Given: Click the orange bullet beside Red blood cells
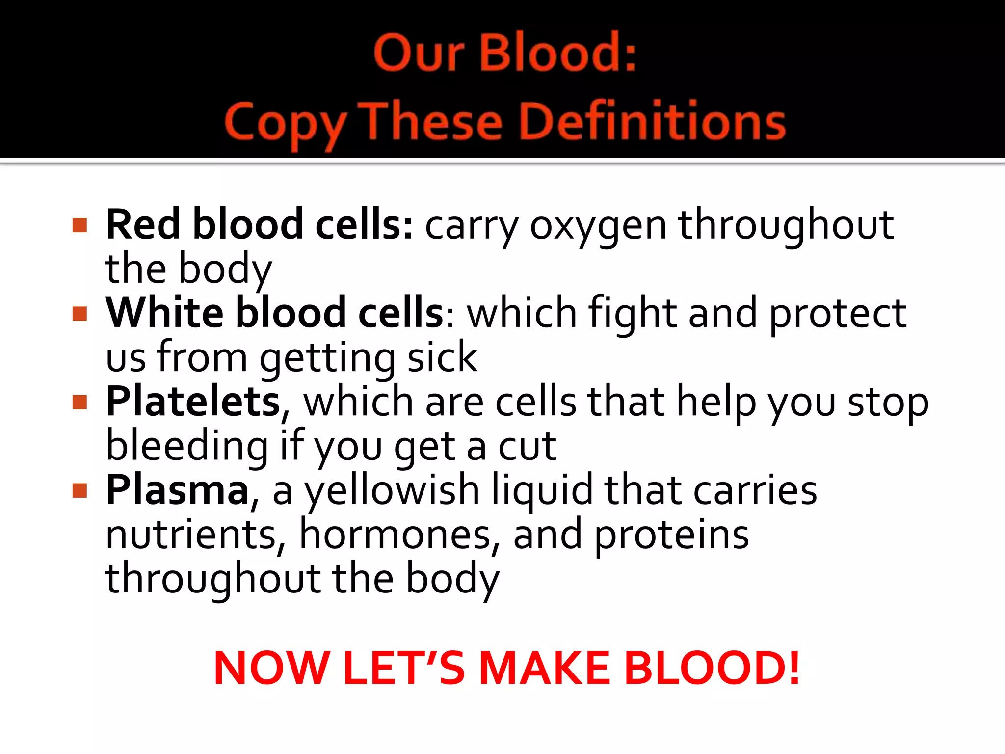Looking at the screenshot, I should pyautogui.click(x=79, y=225).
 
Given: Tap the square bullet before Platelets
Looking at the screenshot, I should pyautogui.click(x=79, y=402).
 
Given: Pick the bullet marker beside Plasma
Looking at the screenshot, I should pyautogui.click(x=79, y=490).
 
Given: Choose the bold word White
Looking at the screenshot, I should pyautogui.click(x=165, y=313).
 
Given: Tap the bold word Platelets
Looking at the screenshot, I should pyautogui.click(x=193, y=402).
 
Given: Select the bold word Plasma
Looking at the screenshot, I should pyautogui.click(x=178, y=490).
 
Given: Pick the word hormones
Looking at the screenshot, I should pyautogui.click(x=395, y=535).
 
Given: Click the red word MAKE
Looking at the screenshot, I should pyautogui.click(x=544, y=668).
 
